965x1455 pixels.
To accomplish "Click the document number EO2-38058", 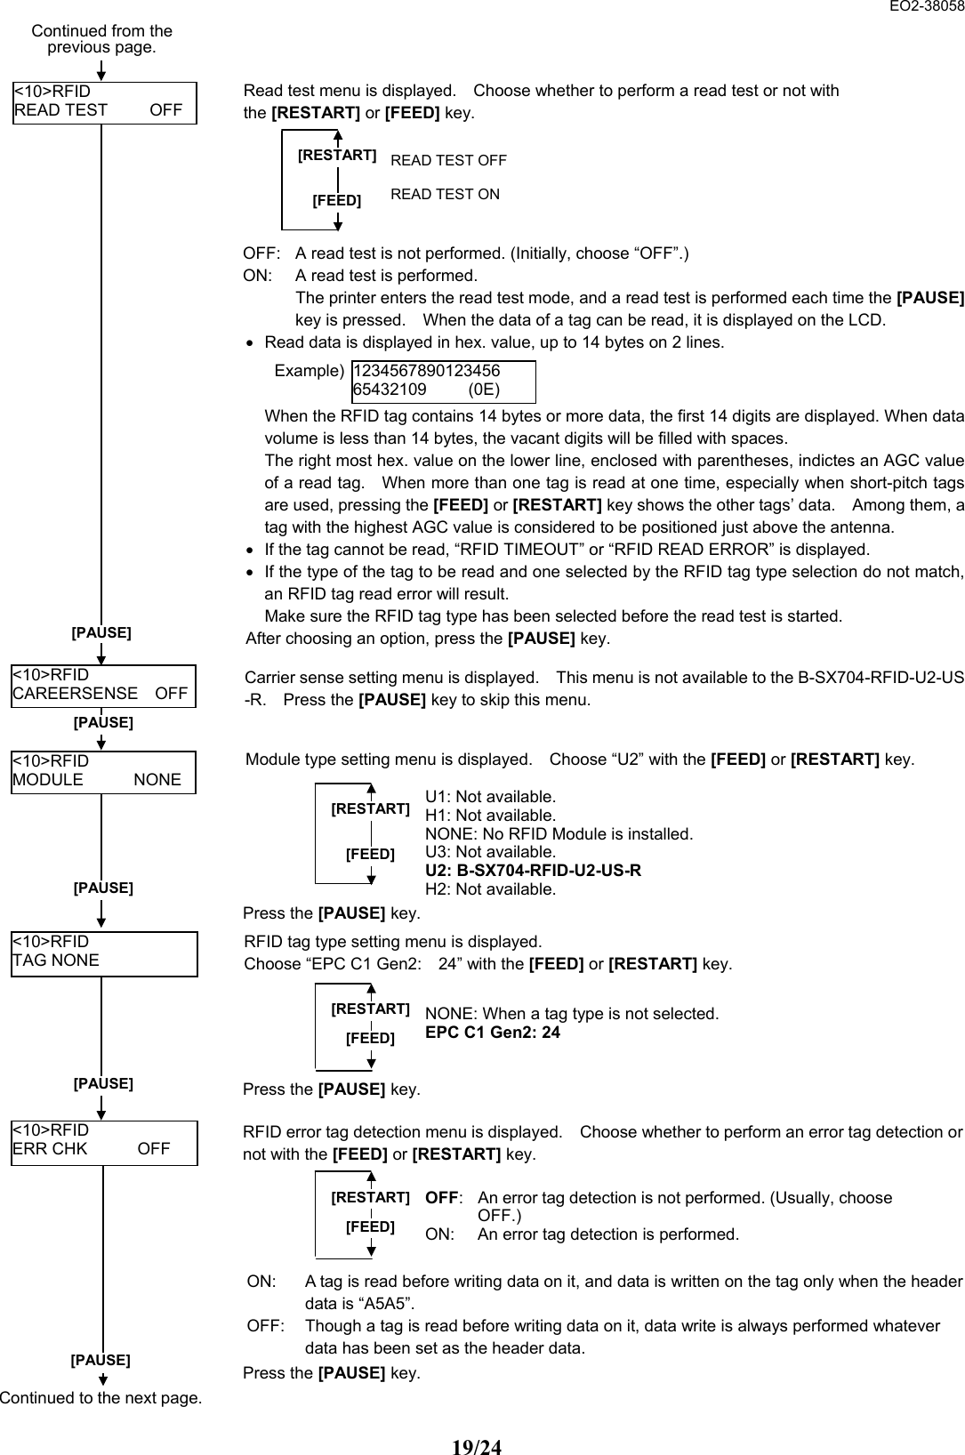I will point(925,7).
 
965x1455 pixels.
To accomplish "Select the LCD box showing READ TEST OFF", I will point(104,101).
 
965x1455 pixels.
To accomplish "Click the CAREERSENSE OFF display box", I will point(103,685).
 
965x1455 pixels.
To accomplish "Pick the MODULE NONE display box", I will point(103,771).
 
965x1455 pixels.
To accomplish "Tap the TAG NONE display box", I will point(104,953).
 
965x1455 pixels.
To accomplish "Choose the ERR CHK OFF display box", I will point(104,1141).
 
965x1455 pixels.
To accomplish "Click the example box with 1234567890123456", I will point(444,381).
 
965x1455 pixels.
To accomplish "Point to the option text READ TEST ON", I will point(446,194).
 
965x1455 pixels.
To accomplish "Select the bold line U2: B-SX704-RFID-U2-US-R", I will point(533,870).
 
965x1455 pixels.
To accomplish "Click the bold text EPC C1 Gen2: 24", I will point(493,1033).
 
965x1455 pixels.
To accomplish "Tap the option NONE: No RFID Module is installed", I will point(559,834).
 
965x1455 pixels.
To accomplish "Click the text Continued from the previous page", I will point(101,38).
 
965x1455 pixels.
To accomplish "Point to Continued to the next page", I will point(101,1397).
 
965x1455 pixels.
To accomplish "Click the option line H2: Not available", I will point(490,888).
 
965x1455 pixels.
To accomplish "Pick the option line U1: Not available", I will point(490,797).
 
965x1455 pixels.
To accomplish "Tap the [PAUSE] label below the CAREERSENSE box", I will point(103,722).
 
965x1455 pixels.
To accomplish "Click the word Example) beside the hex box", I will point(309,370).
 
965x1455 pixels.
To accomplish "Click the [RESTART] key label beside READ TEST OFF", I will point(337,156).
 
